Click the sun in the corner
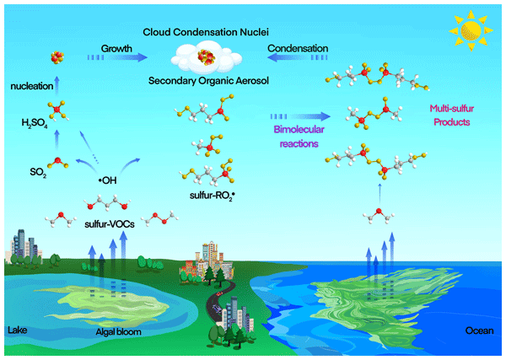471,31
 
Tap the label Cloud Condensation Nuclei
206,32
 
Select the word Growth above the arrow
116,48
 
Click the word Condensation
298,48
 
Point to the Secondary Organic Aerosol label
208,80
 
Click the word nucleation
32,86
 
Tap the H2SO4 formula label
35,123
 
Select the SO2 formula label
38,172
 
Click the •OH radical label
107,180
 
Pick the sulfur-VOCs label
110,224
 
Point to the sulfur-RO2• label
212,196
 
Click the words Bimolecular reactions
299,137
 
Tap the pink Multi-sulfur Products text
451,116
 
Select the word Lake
18,330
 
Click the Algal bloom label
118,331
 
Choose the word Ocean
479,330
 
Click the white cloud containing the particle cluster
207,58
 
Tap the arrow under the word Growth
117,57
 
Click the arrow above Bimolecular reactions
300,116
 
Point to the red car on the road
220,293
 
